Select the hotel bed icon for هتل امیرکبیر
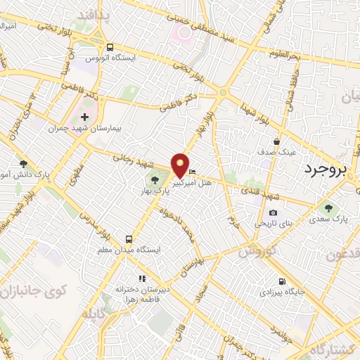pyautogui.click(x=193, y=172)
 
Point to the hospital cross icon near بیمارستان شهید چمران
pyautogui.click(x=85, y=117)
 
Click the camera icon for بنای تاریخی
pyautogui.click(x=273, y=213)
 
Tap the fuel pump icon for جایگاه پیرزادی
pyautogui.click(x=281, y=280)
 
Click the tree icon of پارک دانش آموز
pyautogui.click(x=23, y=163)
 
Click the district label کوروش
pyautogui.click(x=257, y=250)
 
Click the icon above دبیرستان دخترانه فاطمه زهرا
pyautogui.click(x=142, y=278)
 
